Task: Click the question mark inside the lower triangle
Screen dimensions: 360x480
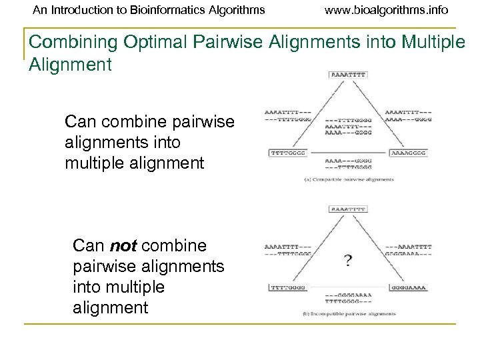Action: point(347,260)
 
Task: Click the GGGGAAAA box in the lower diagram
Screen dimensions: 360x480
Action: point(406,287)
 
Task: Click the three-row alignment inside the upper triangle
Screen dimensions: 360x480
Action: point(347,123)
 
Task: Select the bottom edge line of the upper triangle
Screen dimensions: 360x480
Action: point(347,153)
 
